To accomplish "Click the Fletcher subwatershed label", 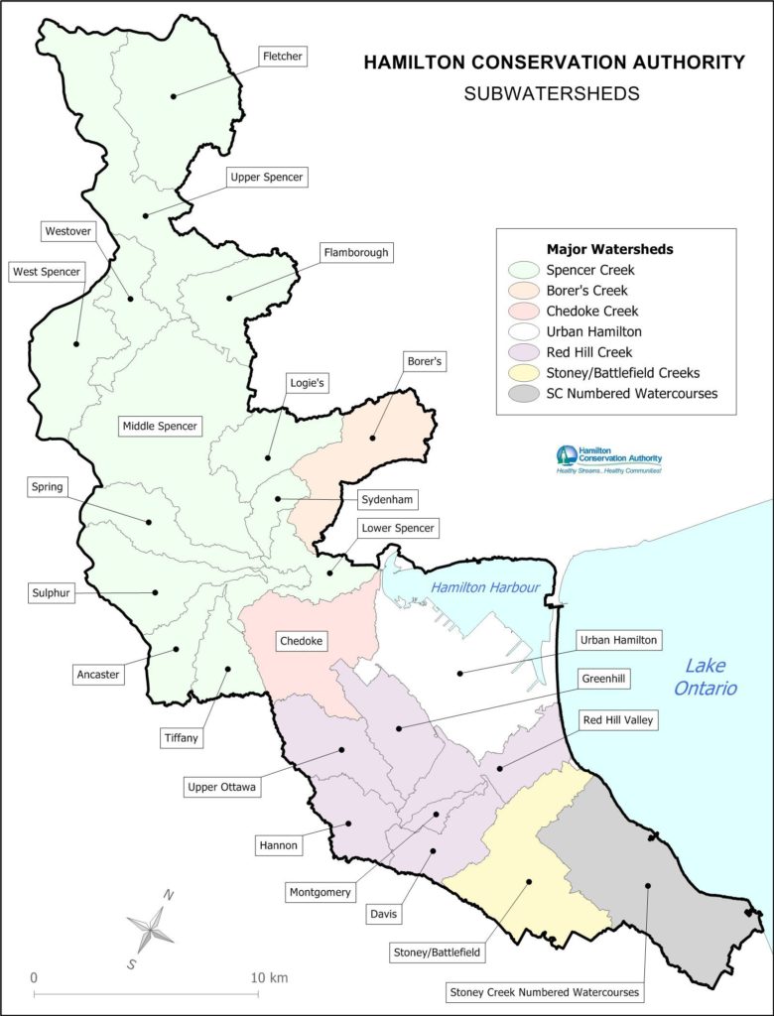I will (x=282, y=57).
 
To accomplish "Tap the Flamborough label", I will (x=355, y=253).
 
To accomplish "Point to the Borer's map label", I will (x=423, y=362).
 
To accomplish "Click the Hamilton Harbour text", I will (x=484, y=587).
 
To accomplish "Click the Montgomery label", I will (x=321, y=892).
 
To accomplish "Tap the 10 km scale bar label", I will (x=270, y=977).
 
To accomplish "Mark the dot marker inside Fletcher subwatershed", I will (x=173, y=96).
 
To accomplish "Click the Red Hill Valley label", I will (x=617, y=719).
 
